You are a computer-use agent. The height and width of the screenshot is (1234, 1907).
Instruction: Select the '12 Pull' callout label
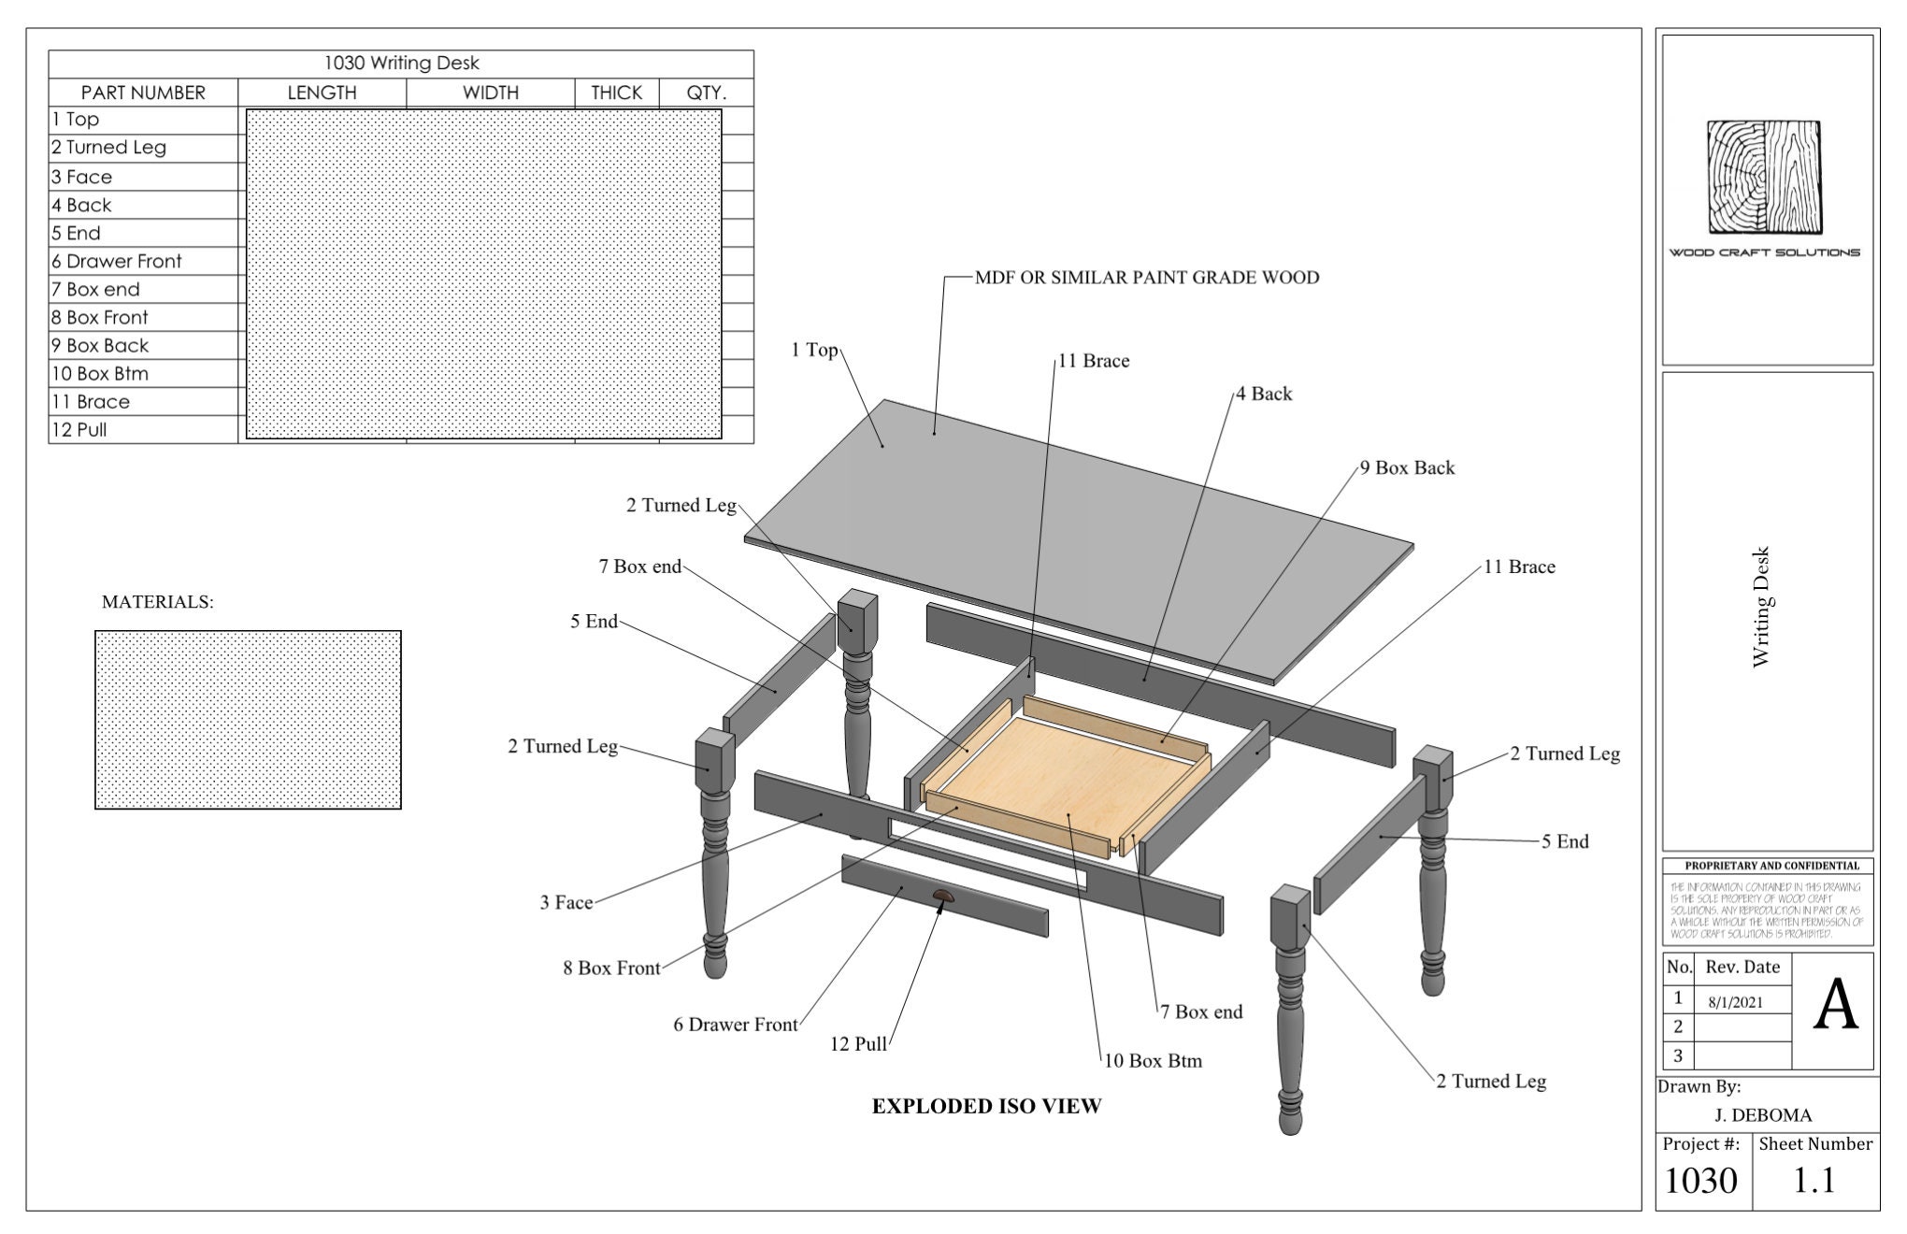click(x=858, y=1044)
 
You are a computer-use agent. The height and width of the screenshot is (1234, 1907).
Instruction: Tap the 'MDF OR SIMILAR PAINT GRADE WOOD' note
click(x=1146, y=278)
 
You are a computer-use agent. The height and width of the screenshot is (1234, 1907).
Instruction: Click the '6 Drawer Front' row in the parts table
click(x=117, y=262)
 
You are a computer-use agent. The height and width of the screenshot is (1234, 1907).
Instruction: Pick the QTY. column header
click(x=706, y=93)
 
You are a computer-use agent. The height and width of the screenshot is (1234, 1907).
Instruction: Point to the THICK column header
click(x=616, y=93)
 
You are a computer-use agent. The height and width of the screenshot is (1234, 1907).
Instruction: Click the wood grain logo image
click(x=1765, y=177)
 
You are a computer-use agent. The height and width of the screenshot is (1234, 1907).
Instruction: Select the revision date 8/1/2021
click(x=1735, y=1002)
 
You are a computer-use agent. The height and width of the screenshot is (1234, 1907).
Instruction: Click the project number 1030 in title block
click(x=1700, y=1181)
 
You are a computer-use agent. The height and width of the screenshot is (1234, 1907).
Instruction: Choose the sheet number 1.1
click(x=1814, y=1181)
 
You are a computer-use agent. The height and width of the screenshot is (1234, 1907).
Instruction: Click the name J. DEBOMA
click(x=1763, y=1115)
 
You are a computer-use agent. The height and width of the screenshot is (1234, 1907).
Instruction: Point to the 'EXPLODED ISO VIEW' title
click(x=986, y=1107)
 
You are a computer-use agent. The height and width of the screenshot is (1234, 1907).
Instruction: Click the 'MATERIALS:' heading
click(x=157, y=602)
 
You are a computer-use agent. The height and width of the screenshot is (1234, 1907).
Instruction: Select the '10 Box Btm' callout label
click(x=1153, y=1061)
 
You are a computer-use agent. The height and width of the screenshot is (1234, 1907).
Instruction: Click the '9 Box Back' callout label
click(x=1407, y=468)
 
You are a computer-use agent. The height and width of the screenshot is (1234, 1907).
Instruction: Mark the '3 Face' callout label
click(x=566, y=903)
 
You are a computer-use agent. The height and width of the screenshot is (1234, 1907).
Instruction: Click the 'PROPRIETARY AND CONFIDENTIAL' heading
click(x=1766, y=866)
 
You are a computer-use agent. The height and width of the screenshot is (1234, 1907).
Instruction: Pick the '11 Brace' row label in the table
click(x=91, y=402)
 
